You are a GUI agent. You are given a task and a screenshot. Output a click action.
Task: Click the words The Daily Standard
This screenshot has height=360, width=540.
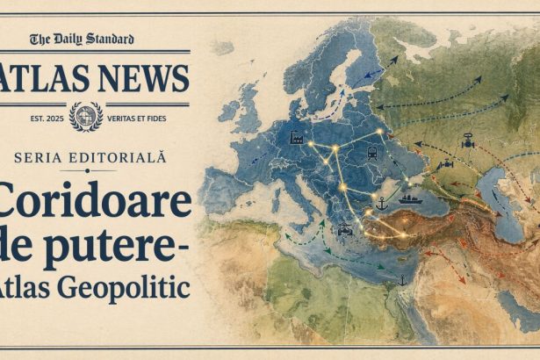point(82,39)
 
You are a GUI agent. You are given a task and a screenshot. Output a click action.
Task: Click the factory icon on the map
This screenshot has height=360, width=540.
point(295,138)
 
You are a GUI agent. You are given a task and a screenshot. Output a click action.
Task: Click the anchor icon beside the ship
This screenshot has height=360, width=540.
point(381,204)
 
